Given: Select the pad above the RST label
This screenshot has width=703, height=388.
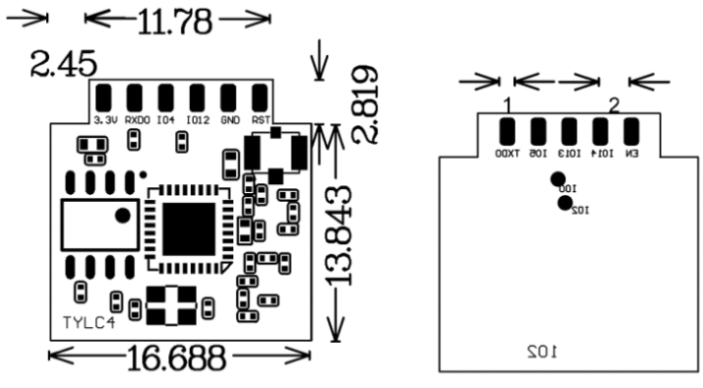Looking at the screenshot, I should click(x=258, y=98).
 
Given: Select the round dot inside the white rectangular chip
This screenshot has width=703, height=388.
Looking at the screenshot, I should click(x=122, y=216).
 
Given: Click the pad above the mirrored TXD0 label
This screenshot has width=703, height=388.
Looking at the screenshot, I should click(x=507, y=131).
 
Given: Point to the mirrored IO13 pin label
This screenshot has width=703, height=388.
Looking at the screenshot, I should click(x=569, y=154).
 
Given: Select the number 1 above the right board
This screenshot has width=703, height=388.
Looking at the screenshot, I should click(x=507, y=104).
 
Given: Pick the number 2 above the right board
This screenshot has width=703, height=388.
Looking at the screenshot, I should click(x=614, y=104).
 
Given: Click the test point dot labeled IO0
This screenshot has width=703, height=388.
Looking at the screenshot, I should click(x=558, y=178).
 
